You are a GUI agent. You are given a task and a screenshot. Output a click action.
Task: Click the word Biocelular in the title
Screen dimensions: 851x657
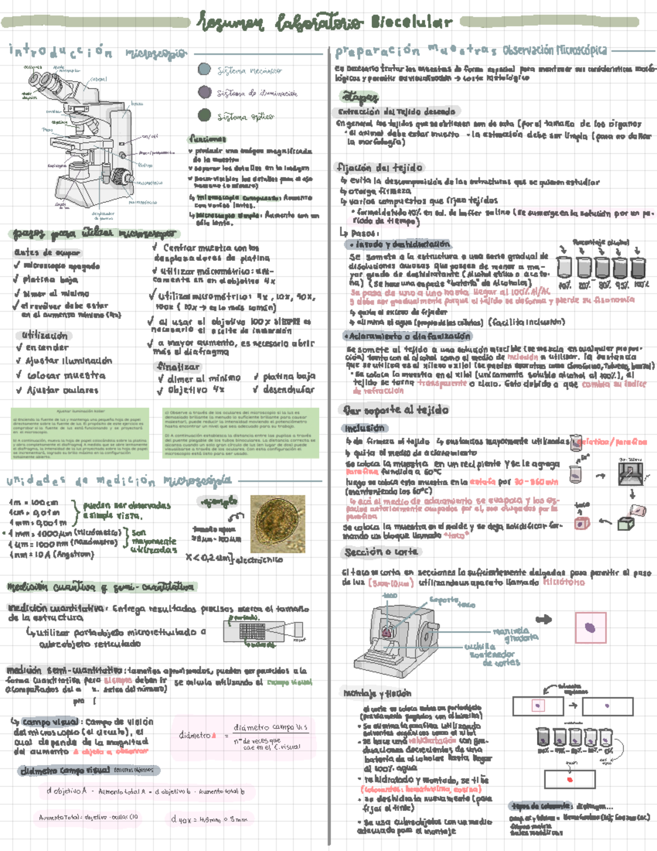click(x=411, y=22)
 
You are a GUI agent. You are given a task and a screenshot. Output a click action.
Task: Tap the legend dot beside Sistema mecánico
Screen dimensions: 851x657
click(x=204, y=70)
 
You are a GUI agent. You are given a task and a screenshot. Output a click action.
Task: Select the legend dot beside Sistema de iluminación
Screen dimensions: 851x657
click(x=205, y=92)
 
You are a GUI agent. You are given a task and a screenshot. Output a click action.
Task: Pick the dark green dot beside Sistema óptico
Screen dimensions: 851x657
click(x=204, y=115)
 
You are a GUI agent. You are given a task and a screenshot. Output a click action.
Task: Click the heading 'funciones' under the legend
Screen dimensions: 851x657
click(x=208, y=139)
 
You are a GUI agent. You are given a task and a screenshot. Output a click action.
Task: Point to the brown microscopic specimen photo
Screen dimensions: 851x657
click(x=277, y=524)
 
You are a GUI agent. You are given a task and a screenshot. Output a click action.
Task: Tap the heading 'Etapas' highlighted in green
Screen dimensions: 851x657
click(x=360, y=97)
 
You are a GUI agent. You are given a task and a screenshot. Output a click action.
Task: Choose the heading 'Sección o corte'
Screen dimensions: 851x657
click(x=381, y=552)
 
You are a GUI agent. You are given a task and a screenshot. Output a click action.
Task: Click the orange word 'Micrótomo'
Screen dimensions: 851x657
click(x=563, y=582)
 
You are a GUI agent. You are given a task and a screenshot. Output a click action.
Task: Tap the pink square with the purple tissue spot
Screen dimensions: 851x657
click(x=590, y=627)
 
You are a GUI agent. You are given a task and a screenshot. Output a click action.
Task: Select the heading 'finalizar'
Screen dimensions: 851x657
click(x=178, y=366)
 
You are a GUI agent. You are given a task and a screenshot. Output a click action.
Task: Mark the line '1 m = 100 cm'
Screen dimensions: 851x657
click(x=34, y=502)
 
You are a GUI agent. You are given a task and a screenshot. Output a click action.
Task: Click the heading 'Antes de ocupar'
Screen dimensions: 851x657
click(x=48, y=253)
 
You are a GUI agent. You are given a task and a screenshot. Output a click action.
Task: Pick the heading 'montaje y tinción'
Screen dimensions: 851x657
click(x=377, y=693)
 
